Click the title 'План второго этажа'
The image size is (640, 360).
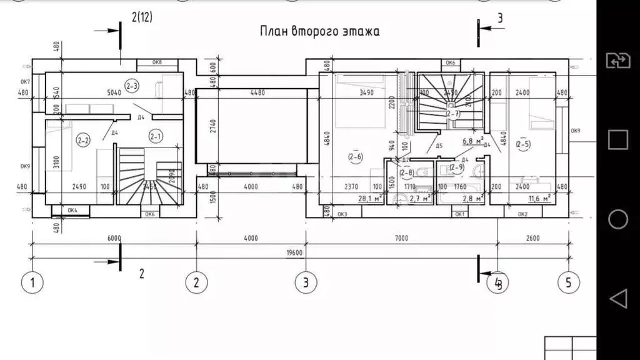(319, 31)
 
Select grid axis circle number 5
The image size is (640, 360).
(567, 282)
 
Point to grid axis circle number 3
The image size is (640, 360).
(305, 282)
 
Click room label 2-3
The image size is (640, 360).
(132, 86)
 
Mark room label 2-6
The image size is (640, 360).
(355, 157)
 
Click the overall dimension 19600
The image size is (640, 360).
(295, 253)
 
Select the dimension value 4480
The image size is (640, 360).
(258, 92)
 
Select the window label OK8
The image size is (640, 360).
(157, 62)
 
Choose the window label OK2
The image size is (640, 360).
(523, 214)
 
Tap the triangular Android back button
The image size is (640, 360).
(617, 299)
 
